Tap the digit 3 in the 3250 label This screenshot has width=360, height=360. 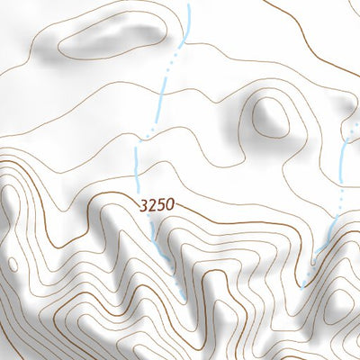pos(144,205)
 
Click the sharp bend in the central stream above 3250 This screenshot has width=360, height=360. pos(136,144)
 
